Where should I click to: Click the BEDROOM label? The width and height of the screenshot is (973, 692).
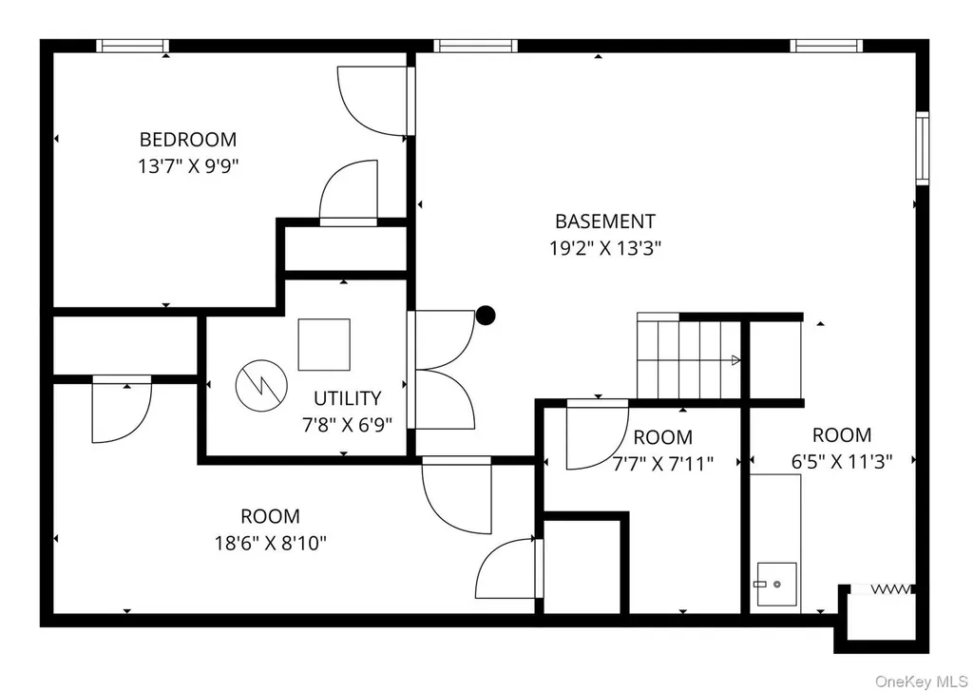(188, 139)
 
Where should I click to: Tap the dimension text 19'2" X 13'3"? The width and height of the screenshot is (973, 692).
(605, 248)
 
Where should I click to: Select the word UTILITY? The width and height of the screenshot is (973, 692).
(348, 398)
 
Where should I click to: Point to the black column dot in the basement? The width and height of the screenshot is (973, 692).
(486, 316)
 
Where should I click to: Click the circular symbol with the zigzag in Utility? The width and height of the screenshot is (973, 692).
(261, 385)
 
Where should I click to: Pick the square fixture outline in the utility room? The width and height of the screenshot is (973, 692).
(324, 344)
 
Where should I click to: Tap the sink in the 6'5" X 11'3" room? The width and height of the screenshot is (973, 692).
(776, 584)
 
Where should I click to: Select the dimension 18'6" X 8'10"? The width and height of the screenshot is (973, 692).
(271, 543)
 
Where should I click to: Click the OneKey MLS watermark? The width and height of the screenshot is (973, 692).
(921, 682)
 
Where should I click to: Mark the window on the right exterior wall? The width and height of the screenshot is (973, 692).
(923, 148)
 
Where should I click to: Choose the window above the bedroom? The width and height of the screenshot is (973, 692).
(132, 46)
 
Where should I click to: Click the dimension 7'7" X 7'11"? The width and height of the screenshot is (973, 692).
(663, 463)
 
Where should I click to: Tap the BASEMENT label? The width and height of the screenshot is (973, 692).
(605, 221)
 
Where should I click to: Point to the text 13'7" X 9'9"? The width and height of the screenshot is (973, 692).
(188, 166)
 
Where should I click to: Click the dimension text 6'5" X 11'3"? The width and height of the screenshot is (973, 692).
(842, 462)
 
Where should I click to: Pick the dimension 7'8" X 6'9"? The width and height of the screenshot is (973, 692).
(348, 425)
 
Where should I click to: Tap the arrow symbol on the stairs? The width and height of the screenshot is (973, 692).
(736, 360)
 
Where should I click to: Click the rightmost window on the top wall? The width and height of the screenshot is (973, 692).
(827, 46)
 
